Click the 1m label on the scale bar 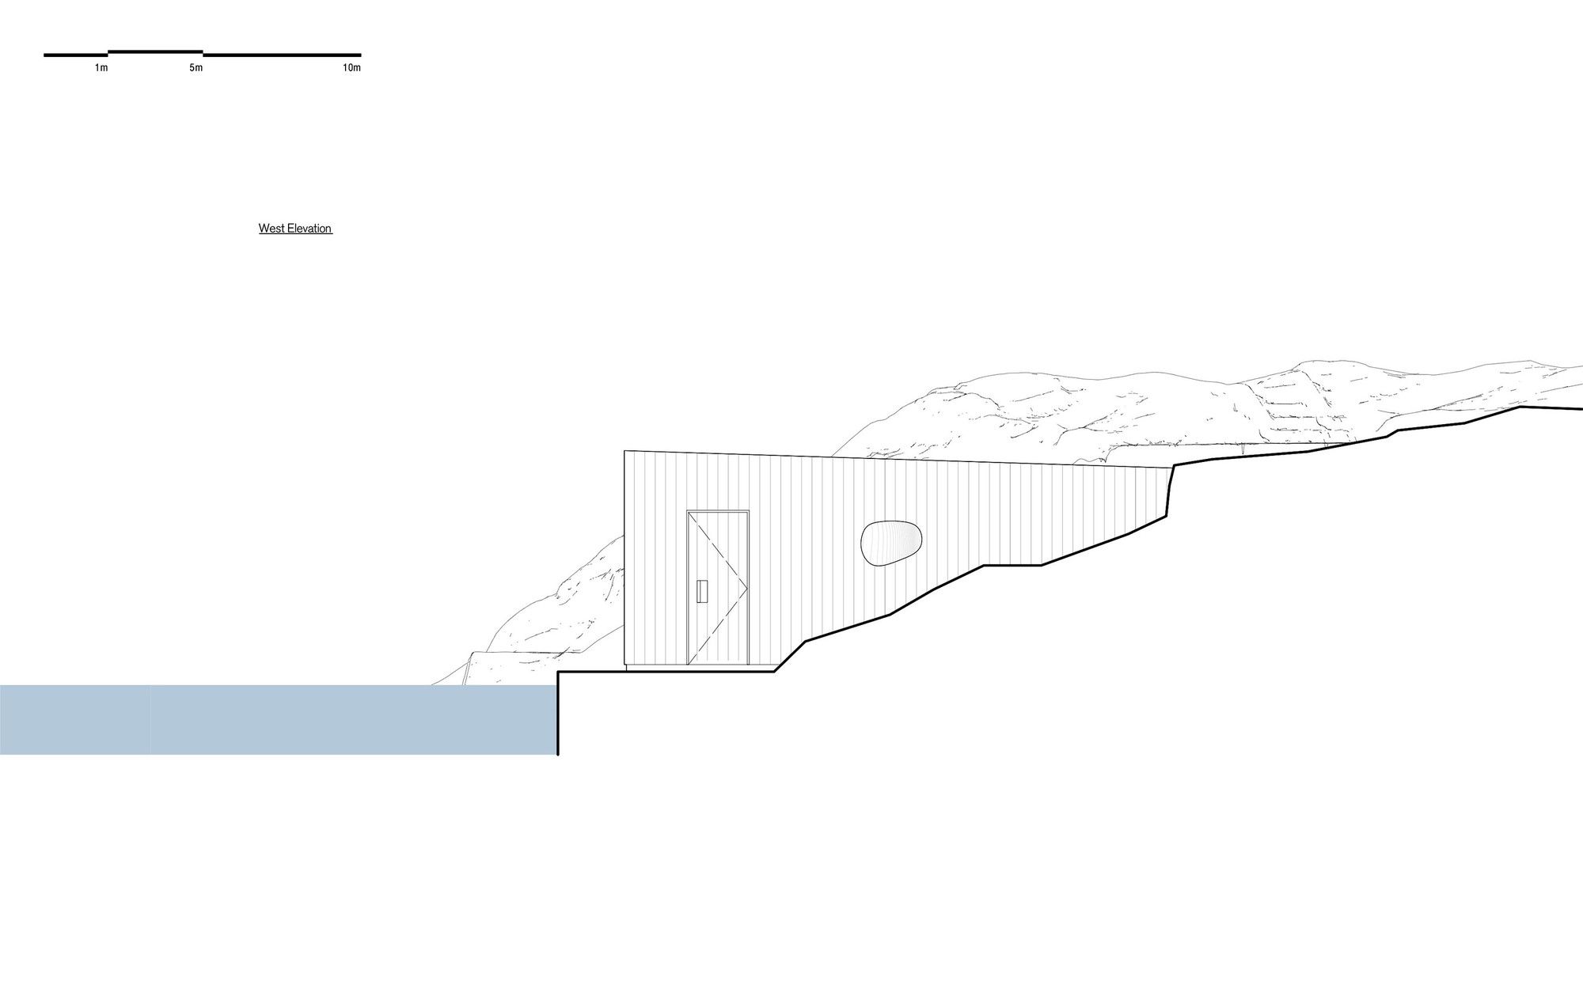[x=101, y=68]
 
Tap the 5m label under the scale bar [x=196, y=68]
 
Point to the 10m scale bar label [x=351, y=68]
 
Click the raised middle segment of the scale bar [x=155, y=51]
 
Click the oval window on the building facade [x=891, y=544]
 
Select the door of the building [x=718, y=587]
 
